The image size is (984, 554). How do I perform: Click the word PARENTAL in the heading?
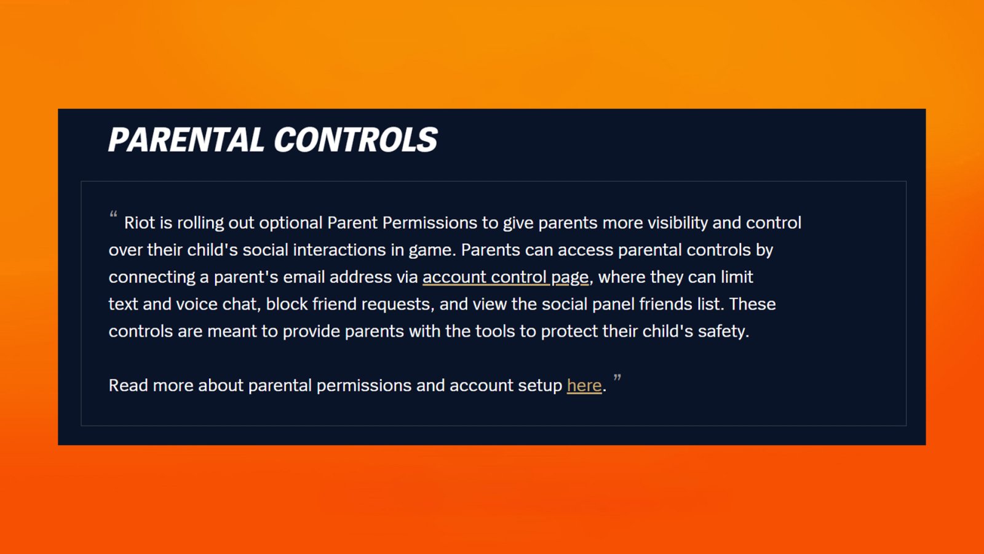186,140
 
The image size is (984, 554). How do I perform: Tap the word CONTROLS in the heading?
356,140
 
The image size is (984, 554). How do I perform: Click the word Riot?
140,223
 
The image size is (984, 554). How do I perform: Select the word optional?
291,223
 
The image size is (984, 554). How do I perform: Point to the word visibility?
678,223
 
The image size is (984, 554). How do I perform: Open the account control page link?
506,278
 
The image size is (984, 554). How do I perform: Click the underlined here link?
584,385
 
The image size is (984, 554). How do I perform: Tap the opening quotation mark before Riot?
113,215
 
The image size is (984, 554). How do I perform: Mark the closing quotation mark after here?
617,377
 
